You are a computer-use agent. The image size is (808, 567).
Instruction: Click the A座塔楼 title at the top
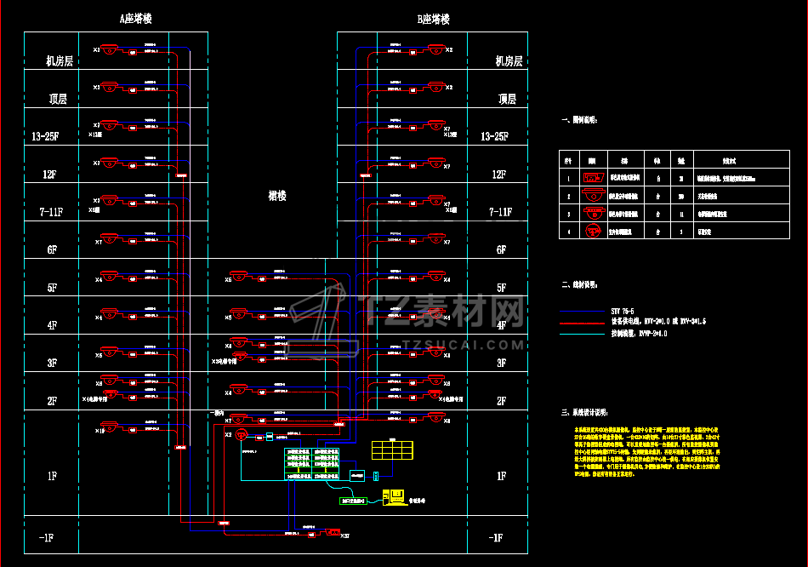click(x=142, y=19)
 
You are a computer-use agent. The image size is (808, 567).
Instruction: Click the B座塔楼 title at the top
click(x=433, y=19)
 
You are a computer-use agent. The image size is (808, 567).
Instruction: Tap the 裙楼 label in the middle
click(x=276, y=196)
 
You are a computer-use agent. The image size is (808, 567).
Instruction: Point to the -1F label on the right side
click(x=496, y=538)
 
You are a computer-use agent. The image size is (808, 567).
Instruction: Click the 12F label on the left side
click(x=50, y=175)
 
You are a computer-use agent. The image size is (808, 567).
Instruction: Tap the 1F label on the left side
click(x=51, y=477)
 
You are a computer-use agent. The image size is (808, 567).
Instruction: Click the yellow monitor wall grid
click(x=392, y=449)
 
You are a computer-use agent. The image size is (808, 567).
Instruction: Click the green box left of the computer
click(x=355, y=501)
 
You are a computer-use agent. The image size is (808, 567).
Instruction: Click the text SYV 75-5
click(x=623, y=312)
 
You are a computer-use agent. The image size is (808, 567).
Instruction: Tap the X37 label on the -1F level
click(x=344, y=535)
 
